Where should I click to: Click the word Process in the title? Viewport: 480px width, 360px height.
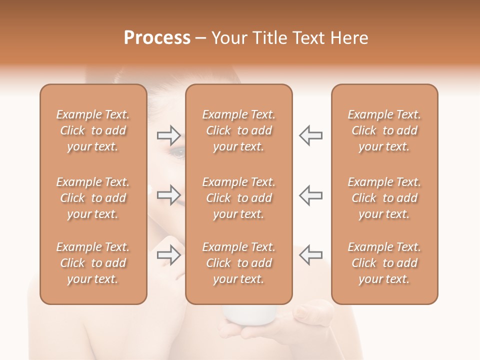click(157, 38)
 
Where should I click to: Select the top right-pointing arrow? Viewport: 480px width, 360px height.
click(168, 135)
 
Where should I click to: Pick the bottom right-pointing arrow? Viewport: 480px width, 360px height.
click(168, 254)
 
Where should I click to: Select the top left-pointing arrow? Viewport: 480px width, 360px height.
click(310, 135)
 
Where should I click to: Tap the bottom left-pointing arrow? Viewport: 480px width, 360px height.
click(310, 254)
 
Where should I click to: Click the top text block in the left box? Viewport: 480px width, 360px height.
click(93, 130)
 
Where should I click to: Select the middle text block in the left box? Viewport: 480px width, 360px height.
click(93, 198)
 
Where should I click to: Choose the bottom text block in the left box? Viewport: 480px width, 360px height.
click(93, 263)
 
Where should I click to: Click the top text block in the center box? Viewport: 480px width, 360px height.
click(238, 130)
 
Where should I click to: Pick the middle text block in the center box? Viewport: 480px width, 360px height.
click(238, 198)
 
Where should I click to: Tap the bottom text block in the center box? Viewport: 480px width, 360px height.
click(238, 263)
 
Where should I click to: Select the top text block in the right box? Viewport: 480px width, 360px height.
click(384, 130)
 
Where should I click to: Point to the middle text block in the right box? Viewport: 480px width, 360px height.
click(384, 198)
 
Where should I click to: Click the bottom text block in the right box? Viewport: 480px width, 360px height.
click(384, 263)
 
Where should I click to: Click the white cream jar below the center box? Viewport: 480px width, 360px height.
click(249, 314)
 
